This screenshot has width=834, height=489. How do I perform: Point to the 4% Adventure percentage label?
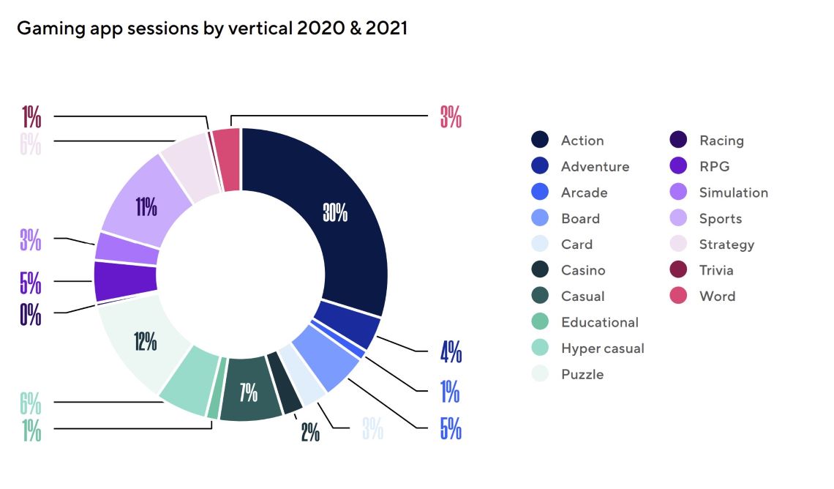click(x=451, y=353)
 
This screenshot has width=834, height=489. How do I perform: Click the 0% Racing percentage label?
click(x=31, y=315)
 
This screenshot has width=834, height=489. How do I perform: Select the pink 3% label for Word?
click(x=451, y=117)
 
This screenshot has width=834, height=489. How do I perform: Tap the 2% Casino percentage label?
click(x=310, y=432)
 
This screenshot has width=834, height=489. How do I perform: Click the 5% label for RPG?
click(x=31, y=283)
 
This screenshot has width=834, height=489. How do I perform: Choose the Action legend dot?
click(x=540, y=141)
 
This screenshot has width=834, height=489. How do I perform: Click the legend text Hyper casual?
click(x=602, y=348)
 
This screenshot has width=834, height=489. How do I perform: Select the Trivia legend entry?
click(x=715, y=270)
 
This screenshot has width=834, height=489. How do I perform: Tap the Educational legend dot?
click(x=540, y=322)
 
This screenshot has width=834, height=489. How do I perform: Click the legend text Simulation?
click(x=733, y=193)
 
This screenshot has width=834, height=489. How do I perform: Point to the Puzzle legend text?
click(x=582, y=374)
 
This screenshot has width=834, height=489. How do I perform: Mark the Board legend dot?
click(x=540, y=218)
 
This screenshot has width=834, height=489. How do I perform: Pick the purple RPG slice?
click(x=126, y=281)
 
